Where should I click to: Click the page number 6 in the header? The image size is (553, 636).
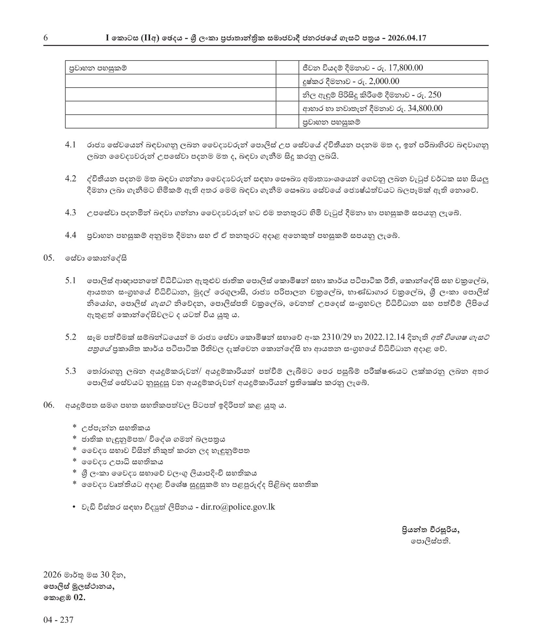pyautogui.click(x=46, y=38)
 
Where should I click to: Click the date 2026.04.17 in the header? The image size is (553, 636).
pyautogui.click(x=407, y=38)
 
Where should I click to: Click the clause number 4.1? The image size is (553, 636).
pyautogui.click(x=71, y=145)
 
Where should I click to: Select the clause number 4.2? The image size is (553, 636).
pyautogui.click(x=71, y=179)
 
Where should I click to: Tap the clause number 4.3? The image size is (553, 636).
pyautogui.click(x=71, y=213)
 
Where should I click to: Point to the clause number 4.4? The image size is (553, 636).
pyautogui.click(x=71, y=235)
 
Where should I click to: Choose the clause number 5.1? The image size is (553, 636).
pyautogui.click(x=71, y=281)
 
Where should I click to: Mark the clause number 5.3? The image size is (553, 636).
pyautogui.click(x=71, y=371)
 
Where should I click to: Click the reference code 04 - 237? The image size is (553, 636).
pyautogui.click(x=59, y=619)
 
